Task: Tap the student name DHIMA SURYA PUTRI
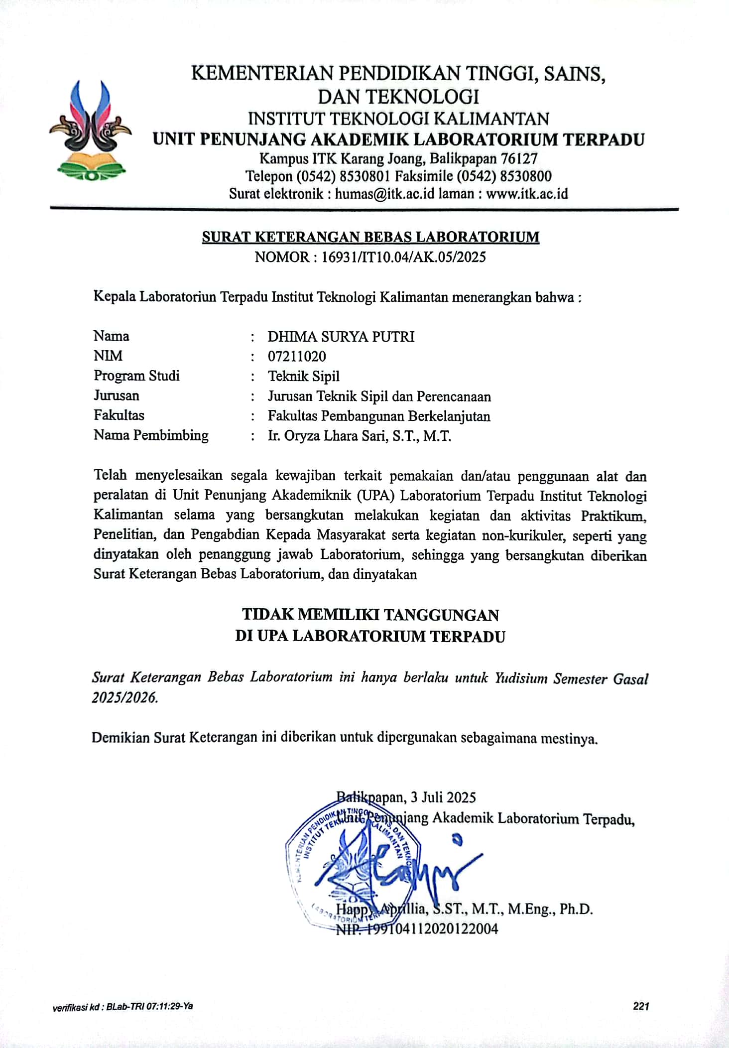pyautogui.click(x=341, y=337)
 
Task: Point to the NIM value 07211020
pyautogui.click(x=297, y=356)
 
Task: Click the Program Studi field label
pyautogui.click(x=136, y=376)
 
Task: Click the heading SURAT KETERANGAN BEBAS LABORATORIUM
pyautogui.click(x=370, y=237)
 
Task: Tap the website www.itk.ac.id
pyautogui.click(x=527, y=193)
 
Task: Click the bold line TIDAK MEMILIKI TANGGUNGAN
pyautogui.click(x=370, y=615)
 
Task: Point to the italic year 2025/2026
pyautogui.click(x=124, y=697)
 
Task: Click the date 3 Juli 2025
pyautogui.click(x=443, y=797)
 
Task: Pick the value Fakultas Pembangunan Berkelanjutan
pyautogui.click(x=379, y=416)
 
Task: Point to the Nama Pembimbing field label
pyautogui.click(x=151, y=435)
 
